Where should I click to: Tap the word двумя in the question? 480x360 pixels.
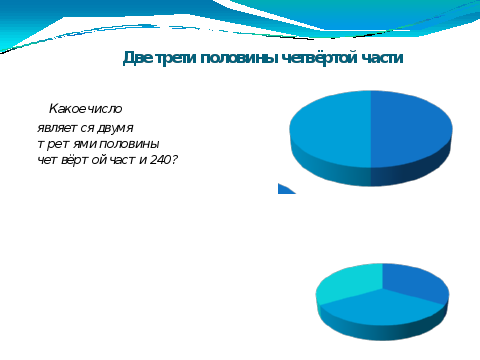[115, 129]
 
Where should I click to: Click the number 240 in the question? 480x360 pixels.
[160, 160]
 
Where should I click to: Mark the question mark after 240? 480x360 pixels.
[174, 160]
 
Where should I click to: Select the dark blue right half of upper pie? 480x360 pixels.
[411, 129]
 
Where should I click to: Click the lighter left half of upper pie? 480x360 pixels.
[330, 129]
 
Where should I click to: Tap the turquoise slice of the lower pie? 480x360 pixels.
[348, 283]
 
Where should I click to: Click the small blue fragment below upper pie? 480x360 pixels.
[286, 189]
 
